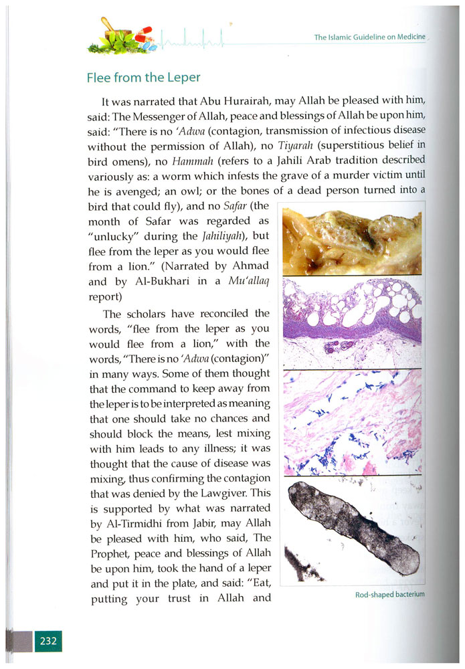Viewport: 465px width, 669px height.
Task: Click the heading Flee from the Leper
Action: click(143, 77)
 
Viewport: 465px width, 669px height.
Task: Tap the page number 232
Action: click(48, 641)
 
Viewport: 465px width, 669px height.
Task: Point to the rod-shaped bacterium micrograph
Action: click(352, 532)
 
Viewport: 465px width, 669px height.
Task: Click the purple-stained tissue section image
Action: click(352, 322)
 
